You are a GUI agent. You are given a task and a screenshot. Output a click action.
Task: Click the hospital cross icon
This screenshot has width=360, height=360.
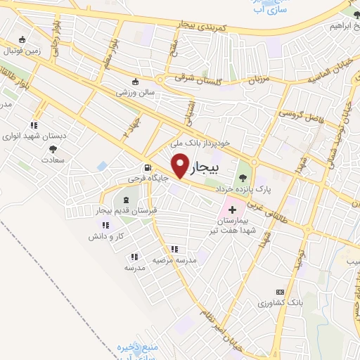[x=232, y=210]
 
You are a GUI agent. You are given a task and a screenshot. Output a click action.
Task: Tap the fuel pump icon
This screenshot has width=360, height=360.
[x=147, y=167]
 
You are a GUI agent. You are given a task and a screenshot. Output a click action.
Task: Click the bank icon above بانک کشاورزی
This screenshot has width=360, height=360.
[x=281, y=292]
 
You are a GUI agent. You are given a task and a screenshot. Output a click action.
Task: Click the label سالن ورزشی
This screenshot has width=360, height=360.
[x=135, y=91]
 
